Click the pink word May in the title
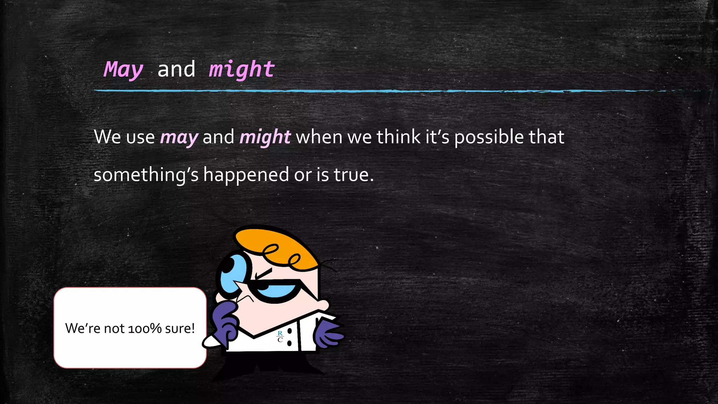123,69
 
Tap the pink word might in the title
242,69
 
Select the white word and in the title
176,69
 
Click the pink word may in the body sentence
179,137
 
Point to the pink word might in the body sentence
265,137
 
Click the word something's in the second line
146,175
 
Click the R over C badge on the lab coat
280,336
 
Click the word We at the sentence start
107,137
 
